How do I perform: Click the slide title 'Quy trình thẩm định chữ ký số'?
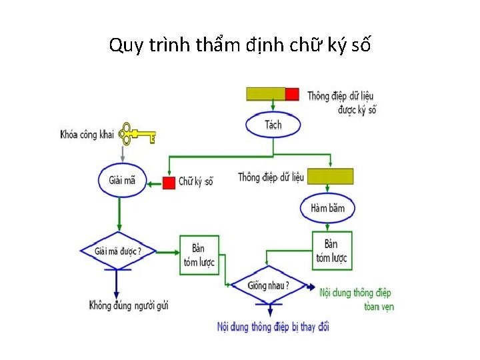(x=240, y=45)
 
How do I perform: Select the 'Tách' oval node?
(x=273, y=125)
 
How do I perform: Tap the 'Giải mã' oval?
(x=122, y=180)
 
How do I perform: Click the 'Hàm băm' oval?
(x=328, y=208)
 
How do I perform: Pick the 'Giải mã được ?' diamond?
(x=117, y=251)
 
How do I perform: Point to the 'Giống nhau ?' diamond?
(x=268, y=285)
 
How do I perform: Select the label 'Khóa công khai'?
(x=87, y=135)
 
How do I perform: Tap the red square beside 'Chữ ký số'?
(x=169, y=182)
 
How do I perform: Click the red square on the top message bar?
(x=292, y=94)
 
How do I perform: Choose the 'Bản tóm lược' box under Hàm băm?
(x=331, y=251)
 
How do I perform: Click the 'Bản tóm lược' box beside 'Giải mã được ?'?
(x=199, y=254)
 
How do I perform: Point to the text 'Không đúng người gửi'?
(x=129, y=306)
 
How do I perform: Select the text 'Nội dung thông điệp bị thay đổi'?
(x=273, y=327)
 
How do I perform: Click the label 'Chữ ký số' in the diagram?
(x=196, y=181)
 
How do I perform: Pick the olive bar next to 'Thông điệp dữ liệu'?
(x=329, y=177)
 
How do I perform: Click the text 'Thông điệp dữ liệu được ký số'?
(x=340, y=103)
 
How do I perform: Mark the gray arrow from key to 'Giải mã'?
(x=122, y=153)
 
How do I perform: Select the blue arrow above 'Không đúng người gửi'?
(x=117, y=283)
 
